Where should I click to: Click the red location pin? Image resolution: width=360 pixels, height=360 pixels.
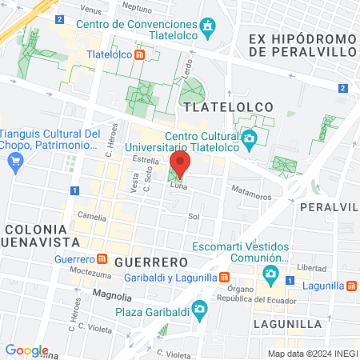[x=180, y=165]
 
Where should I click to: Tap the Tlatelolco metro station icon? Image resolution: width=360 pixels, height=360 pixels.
[x=139, y=55]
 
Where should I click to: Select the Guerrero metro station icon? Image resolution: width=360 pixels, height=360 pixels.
[x=102, y=258]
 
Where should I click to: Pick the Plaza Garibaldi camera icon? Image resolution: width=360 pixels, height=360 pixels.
[x=200, y=309]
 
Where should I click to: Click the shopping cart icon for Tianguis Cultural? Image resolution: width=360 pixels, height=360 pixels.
[x=14, y=160]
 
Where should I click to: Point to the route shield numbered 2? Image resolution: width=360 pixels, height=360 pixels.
[x=342, y=88]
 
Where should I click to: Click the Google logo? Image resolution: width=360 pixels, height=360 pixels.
[x=26, y=350]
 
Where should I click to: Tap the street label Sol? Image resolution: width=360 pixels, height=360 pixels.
[x=193, y=216]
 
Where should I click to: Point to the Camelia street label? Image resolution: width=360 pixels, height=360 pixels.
[x=91, y=216]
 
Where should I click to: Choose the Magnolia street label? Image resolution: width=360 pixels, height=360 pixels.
[x=109, y=295]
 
